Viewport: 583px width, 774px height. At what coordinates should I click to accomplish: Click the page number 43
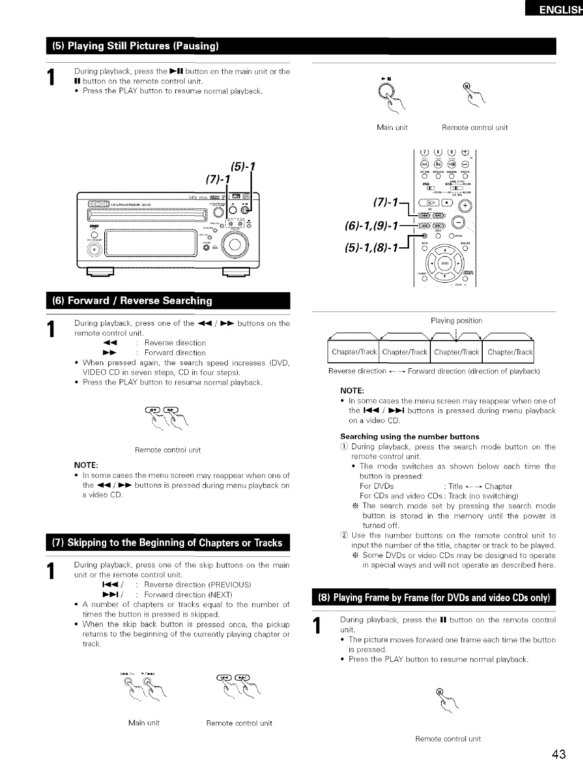(559, 754)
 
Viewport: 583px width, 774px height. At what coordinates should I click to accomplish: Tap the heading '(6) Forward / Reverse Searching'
(133, 301)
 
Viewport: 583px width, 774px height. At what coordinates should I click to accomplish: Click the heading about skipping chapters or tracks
(167, 543)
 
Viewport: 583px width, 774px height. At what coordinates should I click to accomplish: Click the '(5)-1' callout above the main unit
(242, 166)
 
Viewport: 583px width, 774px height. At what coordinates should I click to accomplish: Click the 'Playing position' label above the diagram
(457, 321)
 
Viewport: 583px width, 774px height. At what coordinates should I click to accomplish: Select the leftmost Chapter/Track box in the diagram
(354, 352)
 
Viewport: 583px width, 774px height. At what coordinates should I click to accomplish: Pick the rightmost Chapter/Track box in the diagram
(509, 352)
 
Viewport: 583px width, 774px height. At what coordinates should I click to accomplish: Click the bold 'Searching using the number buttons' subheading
(410, 436)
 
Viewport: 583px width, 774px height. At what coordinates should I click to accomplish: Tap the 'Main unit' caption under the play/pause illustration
(392, 127)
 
